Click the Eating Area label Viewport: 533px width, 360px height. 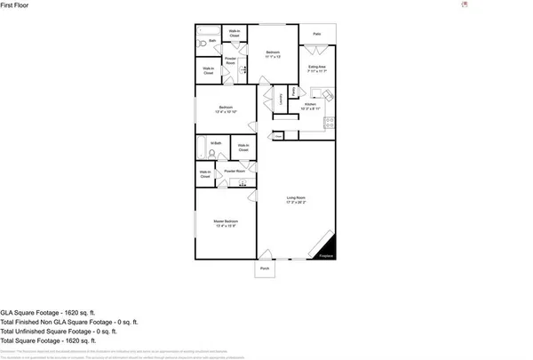click(317, 68)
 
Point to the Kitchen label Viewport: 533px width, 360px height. click(311, 106)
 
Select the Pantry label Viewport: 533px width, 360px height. click(294, 92)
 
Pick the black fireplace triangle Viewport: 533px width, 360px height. click(328, 247)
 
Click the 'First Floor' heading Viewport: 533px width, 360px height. click(14, 5)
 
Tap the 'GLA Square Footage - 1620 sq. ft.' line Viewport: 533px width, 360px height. click(46, 313)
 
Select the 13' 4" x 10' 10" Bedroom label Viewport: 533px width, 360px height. click(226, 110)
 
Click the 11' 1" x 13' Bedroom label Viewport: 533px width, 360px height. click(273, 54)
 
